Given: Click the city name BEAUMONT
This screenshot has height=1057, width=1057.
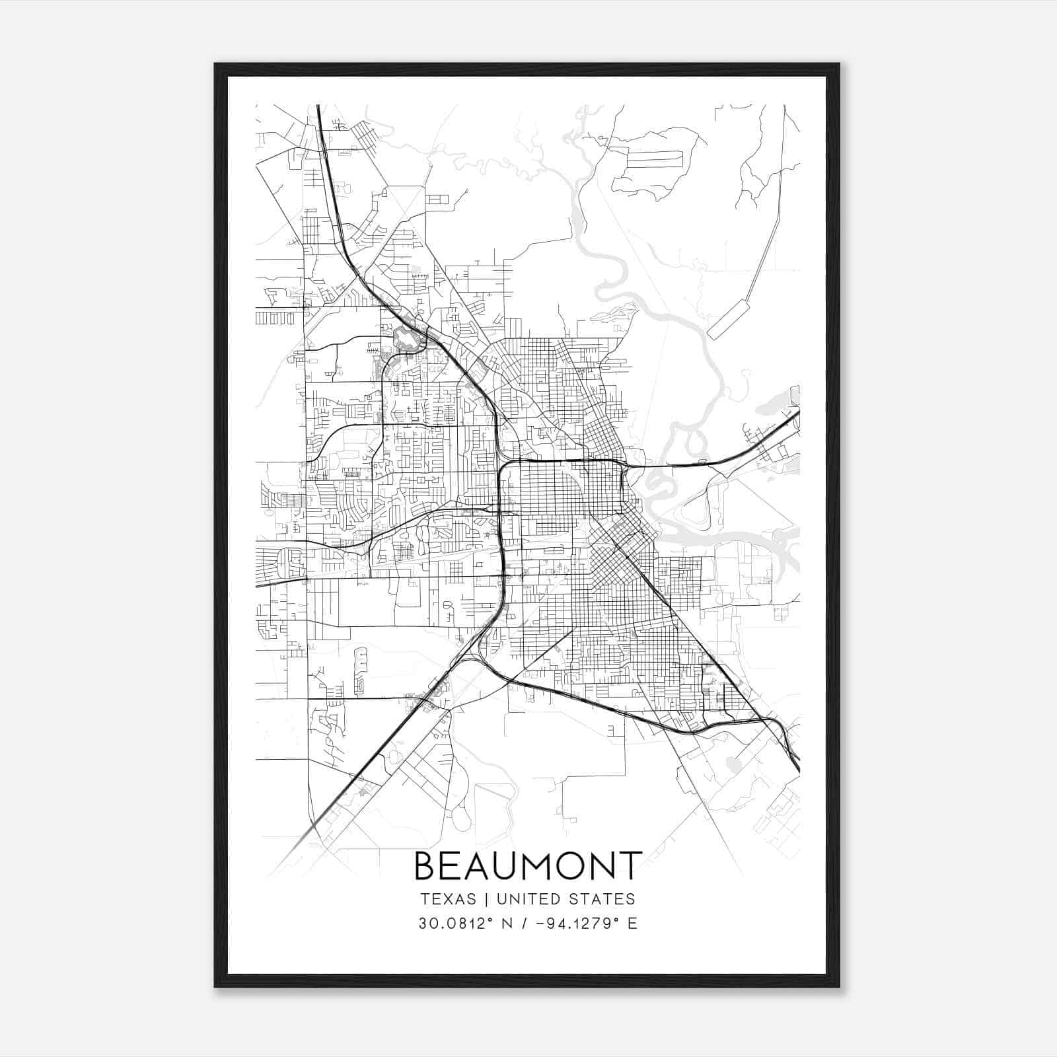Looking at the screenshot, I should coord(528,865).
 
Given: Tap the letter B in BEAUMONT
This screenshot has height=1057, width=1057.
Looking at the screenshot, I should coord(425,866).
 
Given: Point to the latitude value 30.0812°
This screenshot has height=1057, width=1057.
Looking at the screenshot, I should coord(455,924).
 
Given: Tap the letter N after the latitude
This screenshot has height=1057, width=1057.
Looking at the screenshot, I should coord(507,924).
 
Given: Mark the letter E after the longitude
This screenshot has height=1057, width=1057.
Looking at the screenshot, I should coord(633,924).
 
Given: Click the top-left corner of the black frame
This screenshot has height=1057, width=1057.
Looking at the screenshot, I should coord(216,65).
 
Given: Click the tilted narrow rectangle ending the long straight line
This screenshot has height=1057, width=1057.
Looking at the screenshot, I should coord(727,320).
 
